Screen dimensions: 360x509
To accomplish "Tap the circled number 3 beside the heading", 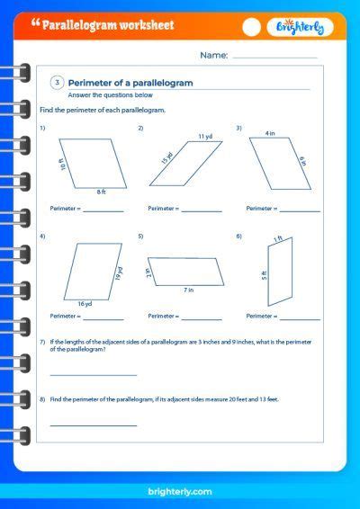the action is tap(57, 83).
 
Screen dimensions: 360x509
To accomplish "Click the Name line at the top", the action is tap(274, 57).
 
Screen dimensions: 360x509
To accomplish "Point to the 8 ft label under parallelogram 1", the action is tap(102, 192).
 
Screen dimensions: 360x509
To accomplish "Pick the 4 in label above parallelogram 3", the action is tap(269, 133).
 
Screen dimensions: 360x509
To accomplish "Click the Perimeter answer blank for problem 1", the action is tap(103, 210).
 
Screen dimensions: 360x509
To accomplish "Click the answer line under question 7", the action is tap(94, 374).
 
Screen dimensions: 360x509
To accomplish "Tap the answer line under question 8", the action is tap(94, 424).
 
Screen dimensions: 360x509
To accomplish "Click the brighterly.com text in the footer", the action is tap(179, 491).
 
